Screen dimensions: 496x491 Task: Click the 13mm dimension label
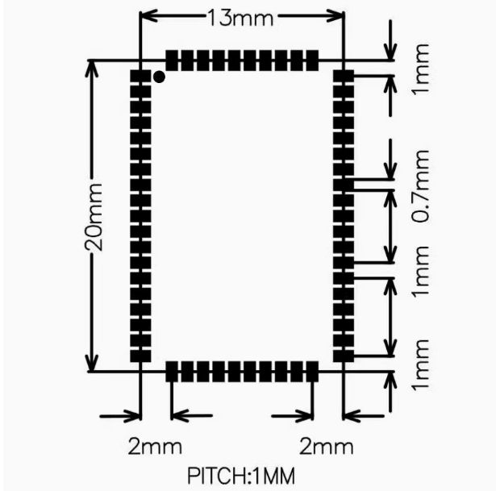coord(240,16)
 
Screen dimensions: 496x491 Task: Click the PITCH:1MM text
coord(241,476)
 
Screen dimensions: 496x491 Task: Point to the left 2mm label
coord(155,446)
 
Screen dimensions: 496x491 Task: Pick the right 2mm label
coord(326,446)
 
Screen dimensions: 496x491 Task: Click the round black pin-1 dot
coord(160,77)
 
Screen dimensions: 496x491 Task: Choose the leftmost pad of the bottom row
coord(172,372)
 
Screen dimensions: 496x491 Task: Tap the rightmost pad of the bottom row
coord(312,372)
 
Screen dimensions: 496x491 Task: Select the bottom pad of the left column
coord(140,354)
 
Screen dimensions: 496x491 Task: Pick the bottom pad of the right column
coord(344,354)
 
